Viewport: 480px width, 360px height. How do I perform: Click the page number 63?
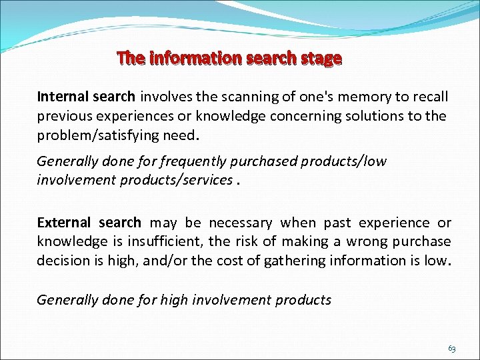(452, 349)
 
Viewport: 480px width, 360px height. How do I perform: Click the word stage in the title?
(321, 59)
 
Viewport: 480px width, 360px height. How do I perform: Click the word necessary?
(241, 223)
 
